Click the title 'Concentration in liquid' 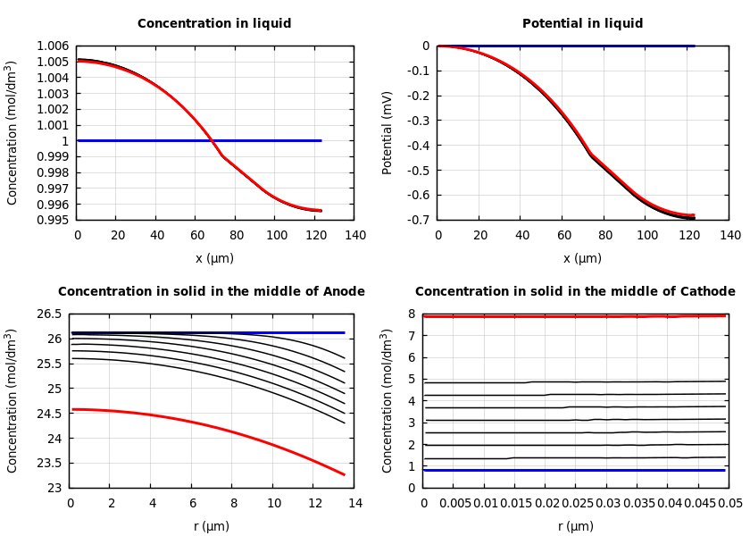coord(214,24)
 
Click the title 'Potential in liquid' coord(582,24)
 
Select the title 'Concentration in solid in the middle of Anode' coord(212,292)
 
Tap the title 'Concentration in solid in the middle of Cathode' coord(575,292)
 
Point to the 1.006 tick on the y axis coord(52,46)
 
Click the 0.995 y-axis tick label coord(52,220)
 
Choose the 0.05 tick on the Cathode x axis coord(729,504)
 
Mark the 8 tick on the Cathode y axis coord(412,314)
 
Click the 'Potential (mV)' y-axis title coord(387,132)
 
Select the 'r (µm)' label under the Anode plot coord(212,526)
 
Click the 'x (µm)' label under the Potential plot coord(582,258)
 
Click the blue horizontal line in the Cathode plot coord(571,470)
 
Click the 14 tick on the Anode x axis coord(354,504)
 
